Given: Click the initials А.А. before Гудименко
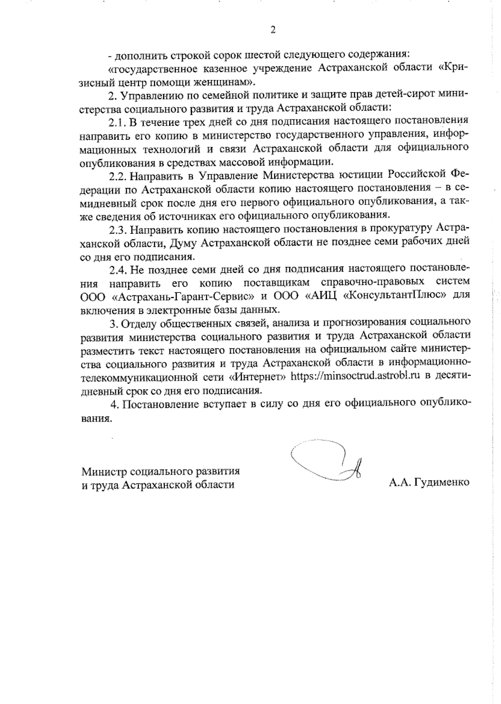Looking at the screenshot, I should (x=400, y=482).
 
